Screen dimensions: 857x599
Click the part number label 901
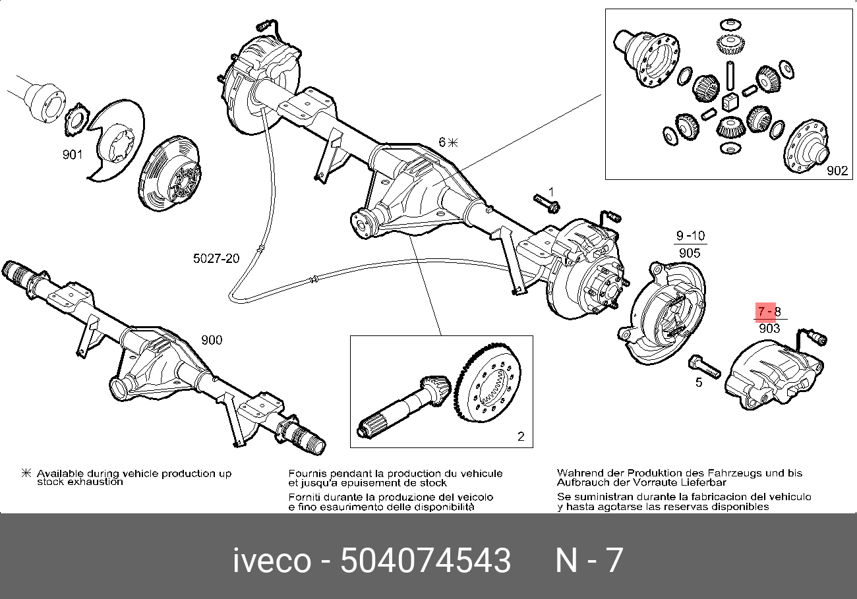[73, 155]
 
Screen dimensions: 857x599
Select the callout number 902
[837, 171]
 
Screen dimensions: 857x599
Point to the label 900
[212, 340]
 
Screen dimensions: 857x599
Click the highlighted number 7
[761, 311]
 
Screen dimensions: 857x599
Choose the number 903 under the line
[769, 328]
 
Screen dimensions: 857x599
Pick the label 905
[689, 252]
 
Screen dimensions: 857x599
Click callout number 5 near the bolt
[699, 382]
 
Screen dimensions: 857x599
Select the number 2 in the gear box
[520, 436]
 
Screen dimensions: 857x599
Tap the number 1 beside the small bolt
[551, 191]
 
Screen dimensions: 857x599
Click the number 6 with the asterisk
[443, 142]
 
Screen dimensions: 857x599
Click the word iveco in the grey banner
[271, 561]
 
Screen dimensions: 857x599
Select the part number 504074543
[425, 561]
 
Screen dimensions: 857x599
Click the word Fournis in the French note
[306, 473]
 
